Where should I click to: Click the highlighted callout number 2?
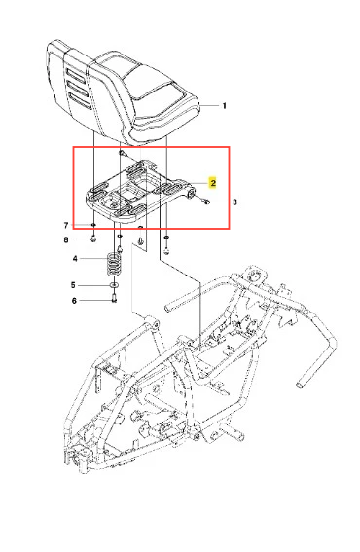click(213, 183)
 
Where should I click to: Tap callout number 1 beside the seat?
click(225, 105)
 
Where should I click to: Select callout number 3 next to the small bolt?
click(235, 202)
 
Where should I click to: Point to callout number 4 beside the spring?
click(75, 259)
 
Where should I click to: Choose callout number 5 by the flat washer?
click(73, 285)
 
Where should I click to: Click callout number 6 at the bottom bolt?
click(74, 301)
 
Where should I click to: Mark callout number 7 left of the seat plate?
click(66, 225)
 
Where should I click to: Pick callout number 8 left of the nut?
click(66, 239)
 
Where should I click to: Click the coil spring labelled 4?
click(114, 264)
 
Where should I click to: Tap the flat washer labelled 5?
click(114, 285)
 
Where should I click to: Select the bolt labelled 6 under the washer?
click(114, 298)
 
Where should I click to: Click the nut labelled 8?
click(93, 239)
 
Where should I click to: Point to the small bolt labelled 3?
click(206, 202)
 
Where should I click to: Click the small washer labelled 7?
click(93, 225)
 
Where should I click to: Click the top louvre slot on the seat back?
click(76, 75)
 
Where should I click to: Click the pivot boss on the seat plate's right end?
click(192, 194)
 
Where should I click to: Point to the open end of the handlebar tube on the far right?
click(300, 385)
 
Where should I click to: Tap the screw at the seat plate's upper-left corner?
click(122, 153)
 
